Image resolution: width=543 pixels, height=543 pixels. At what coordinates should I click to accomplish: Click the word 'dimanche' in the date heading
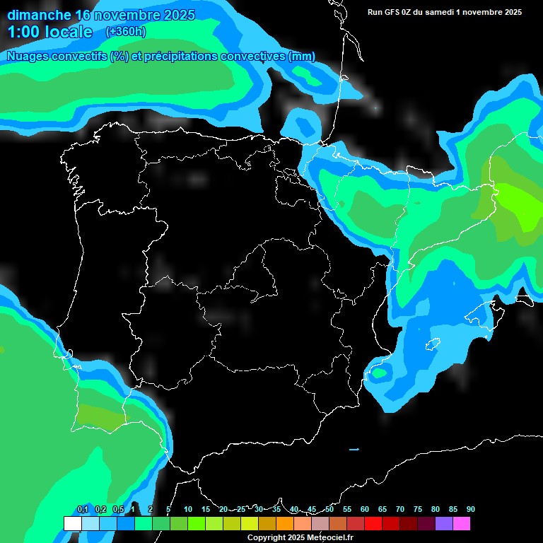pos(39,15)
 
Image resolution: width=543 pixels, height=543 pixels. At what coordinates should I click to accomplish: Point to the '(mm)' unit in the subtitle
pos(302,57)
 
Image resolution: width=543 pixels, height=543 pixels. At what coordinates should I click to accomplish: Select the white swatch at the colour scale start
pos(72,524)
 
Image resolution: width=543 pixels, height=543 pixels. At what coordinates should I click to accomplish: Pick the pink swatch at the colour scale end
pos(462,524)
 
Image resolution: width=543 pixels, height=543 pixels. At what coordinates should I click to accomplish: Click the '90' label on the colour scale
pos(470,510)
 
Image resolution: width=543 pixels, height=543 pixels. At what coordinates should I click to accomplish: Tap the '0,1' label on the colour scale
pos(83,510)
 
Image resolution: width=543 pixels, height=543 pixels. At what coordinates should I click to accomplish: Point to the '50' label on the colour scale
pos(329,510)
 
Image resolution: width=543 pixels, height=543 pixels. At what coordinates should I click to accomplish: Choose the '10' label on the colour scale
pos(188,510)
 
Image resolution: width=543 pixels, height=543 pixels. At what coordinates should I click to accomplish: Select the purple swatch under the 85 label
pos(444,524)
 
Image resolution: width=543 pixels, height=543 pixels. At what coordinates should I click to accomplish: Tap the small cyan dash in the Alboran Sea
pos(354,449)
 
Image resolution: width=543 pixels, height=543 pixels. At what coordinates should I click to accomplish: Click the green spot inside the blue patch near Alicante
pos(380,373)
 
